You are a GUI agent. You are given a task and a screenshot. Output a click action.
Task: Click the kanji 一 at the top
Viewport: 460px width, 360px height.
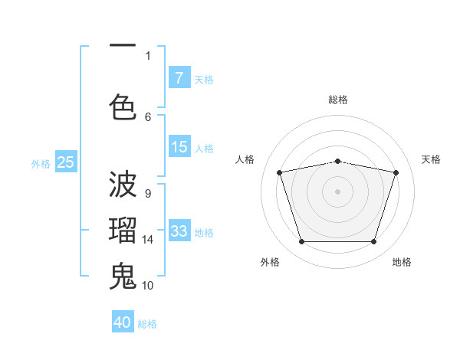(123, 47)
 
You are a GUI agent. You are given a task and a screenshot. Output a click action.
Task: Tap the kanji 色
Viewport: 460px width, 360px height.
(123, 106)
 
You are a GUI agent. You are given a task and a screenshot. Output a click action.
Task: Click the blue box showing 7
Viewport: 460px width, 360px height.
(179, 77)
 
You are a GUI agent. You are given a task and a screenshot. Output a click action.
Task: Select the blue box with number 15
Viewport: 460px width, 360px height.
(179, 147)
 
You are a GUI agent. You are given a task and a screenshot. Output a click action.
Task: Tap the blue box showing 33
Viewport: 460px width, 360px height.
(179, 231)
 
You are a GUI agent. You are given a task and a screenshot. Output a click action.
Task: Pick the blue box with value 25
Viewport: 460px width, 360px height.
(66, 162)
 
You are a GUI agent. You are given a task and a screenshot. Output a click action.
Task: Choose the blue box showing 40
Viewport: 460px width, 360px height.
(123, 322)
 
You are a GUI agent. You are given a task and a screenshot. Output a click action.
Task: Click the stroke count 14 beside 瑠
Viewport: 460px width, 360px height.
(148, 240)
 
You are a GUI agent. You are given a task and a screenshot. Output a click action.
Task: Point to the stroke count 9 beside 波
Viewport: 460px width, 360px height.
(147, 194)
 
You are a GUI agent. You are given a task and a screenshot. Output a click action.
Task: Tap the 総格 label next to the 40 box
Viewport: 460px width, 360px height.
(147, 324)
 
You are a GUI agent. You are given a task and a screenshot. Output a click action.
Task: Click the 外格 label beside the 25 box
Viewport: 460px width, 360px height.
(41, 163)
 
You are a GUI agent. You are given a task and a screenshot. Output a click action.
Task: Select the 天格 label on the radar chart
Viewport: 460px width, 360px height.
(431, 159)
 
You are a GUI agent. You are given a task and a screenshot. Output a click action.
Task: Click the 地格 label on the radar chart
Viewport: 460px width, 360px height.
(402, 262)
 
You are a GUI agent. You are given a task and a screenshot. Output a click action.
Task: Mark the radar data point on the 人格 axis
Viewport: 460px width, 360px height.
(279, 172)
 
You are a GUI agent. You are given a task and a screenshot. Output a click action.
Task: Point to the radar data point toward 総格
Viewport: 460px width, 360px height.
(337, 161)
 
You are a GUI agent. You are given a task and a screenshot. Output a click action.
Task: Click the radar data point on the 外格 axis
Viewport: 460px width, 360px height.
(301, 242)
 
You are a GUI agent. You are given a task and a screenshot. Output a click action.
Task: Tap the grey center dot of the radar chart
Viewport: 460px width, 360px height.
(337, 191)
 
